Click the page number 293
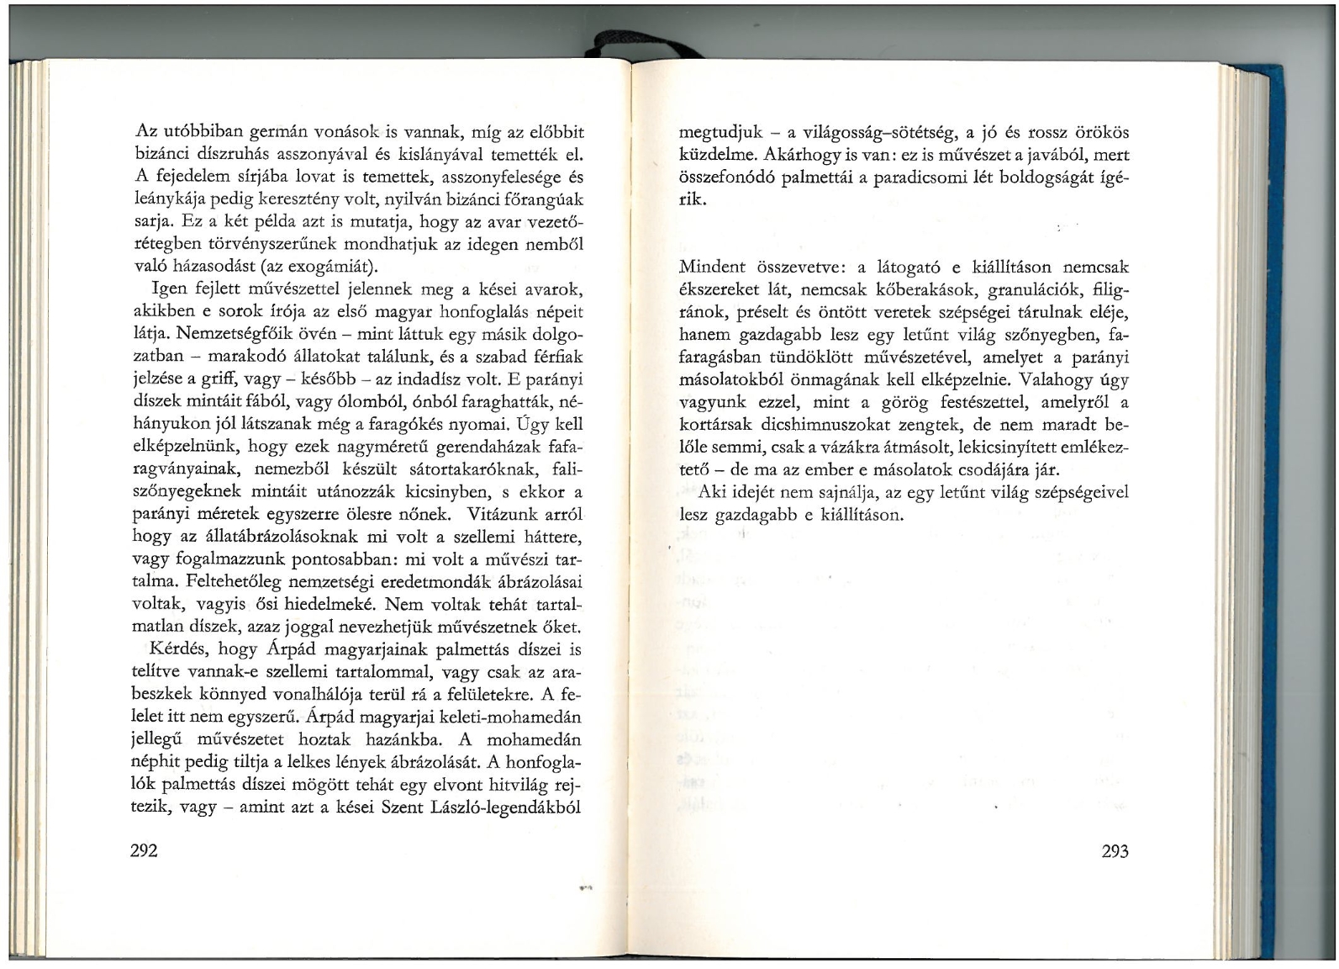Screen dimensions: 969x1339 click(x=1115, y=851)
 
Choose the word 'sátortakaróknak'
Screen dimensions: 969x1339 click(x=467, y=469)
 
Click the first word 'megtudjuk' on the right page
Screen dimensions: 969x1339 click(x=720, y=133)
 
